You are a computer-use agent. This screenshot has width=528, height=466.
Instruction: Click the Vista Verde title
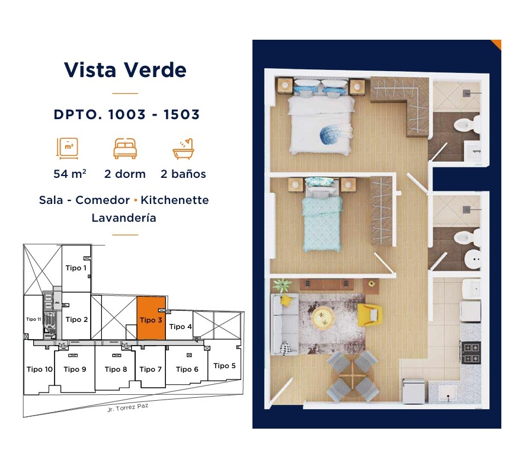[125, 70]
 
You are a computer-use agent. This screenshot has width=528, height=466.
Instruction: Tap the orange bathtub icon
[183, 149]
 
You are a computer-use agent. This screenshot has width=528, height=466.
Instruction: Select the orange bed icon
[125, 149]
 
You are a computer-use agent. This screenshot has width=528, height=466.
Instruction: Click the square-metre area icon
[68, 148]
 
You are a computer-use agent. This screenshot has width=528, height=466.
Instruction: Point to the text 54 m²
[70, 174]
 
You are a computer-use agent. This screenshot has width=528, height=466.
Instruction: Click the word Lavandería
[124, 218]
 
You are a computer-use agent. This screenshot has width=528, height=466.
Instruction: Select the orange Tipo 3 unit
[151, 318]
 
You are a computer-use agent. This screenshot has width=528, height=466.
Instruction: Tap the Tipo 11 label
[34, 319]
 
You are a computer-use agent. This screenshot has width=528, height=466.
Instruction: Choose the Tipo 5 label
[225, 366]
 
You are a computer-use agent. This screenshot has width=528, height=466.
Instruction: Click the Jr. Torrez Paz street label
[127, 407]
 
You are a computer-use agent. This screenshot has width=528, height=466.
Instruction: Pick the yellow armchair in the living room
[369, 315]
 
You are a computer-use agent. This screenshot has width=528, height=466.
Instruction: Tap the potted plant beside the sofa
[282, 286]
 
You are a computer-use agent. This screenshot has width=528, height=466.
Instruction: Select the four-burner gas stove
[471, 352]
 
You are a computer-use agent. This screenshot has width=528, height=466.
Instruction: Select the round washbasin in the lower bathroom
[473, 258]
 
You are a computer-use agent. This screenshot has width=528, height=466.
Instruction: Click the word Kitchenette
[175, 200]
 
